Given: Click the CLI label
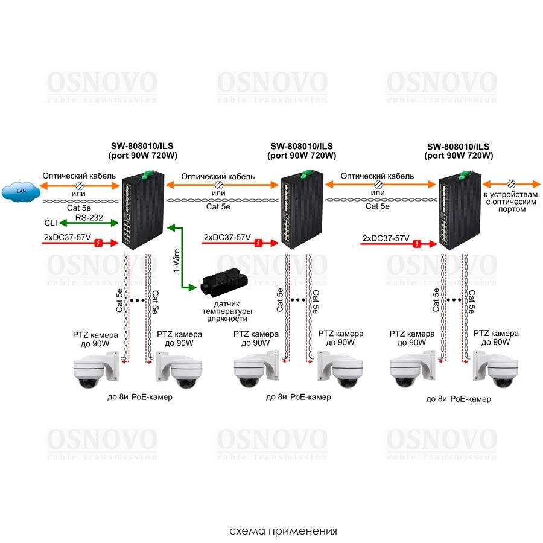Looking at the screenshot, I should pyautogui.click(x=51, y=223).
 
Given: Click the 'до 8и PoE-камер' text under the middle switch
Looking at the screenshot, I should pyautogui.click(x=298, y=398).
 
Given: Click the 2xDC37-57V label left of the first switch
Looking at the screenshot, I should pyautogui.click(x=67, y=237).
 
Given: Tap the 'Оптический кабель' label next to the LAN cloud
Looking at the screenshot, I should pyautogui.click(x=79, y=176).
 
